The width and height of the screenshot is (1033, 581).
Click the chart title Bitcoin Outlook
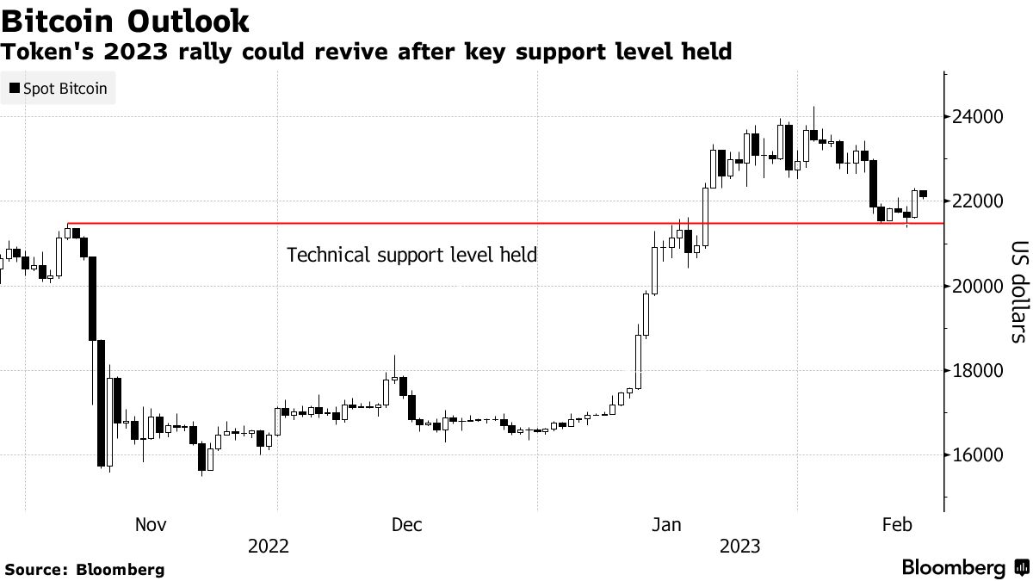pos(126,20)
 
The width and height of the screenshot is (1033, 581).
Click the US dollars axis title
pos(1018,291)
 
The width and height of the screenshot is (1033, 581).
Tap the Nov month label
pos(151,524)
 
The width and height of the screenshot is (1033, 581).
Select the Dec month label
pos(406,524)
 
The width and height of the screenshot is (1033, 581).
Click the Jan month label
pos(666,524)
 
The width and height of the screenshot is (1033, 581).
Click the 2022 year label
pos(268,547)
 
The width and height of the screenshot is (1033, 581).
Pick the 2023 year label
pos(739,547)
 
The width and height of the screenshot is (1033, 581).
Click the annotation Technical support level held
pos(411,255)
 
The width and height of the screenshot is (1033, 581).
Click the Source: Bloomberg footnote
pos(84,569)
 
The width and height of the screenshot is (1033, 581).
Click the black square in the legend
pos(15,89)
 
